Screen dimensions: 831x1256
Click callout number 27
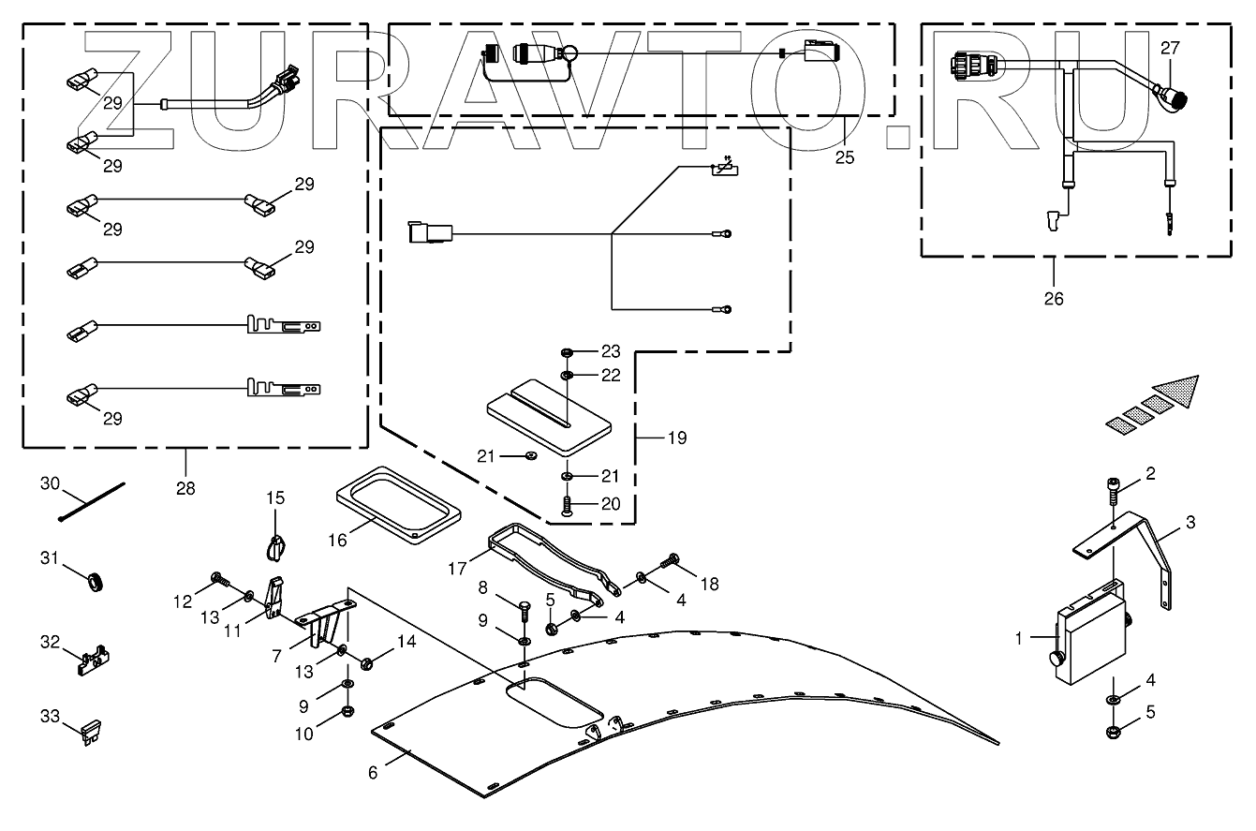(1171, 48)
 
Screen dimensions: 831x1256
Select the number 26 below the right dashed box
(1054, 300)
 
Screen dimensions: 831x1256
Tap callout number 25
(845, 157)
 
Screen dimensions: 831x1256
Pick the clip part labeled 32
(90, 659)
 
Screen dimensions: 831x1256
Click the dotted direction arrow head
(1176, 391)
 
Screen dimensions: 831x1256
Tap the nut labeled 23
(568, 352)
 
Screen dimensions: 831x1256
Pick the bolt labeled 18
(668, 561)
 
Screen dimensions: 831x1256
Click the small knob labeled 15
(275, 543)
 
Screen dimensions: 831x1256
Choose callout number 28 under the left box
(185, 488)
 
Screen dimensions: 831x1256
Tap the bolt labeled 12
(218, 579)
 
